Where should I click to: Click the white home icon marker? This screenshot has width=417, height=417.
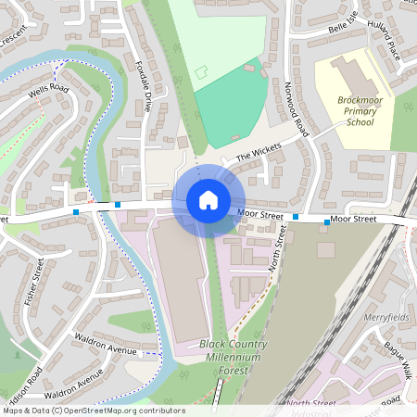click(208, 199)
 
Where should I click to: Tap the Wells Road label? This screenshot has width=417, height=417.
click(48, 89)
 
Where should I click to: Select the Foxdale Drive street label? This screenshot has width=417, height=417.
click(145, 87)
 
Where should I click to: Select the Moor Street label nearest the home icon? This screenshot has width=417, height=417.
click(259, 214)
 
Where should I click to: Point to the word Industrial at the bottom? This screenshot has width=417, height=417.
click(310, 413)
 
